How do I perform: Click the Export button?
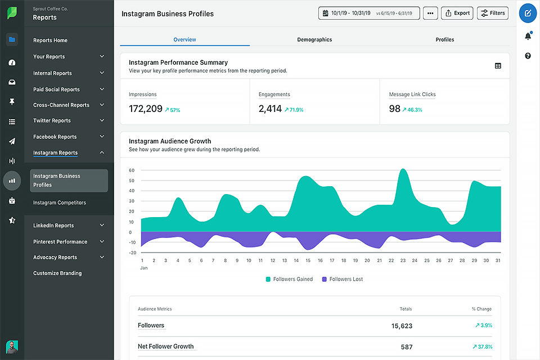457,13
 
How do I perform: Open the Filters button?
492,13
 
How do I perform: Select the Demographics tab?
314,39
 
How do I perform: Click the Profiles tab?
444,39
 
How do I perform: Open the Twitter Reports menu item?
52,120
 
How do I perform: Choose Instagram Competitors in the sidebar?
59,202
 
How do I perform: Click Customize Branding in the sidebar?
57,273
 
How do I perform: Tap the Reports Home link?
50,40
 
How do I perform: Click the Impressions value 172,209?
145,109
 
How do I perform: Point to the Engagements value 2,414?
270,109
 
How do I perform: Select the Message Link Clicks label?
412,94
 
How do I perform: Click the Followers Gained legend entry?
289,279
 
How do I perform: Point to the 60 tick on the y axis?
132,170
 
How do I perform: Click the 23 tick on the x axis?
403,260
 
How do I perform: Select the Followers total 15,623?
402,326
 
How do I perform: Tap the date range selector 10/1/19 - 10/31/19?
369,13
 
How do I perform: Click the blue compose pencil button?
528,13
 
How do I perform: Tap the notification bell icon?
528,37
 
